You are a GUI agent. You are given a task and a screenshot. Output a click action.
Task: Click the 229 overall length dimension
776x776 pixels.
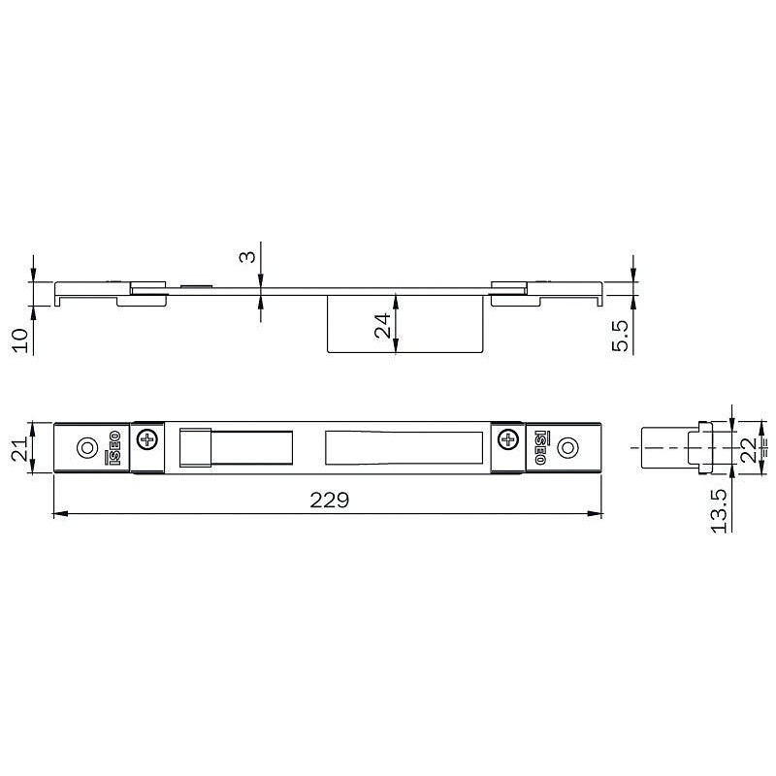click(x=330, y=501)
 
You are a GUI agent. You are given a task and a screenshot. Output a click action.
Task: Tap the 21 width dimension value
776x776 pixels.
click(x=20, y=449)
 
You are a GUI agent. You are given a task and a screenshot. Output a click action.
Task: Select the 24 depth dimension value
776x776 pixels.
click(x=382, y=326)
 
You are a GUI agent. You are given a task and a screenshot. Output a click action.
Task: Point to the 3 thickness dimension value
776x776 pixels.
click(x=248, y=257)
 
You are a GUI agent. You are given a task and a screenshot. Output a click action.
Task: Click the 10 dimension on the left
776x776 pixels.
click(x=20, y=340)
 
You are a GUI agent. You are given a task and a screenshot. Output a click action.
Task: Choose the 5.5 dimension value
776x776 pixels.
click(x=620, y=336)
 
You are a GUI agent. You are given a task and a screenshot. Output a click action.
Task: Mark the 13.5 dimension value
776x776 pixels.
click(x=719, y=511)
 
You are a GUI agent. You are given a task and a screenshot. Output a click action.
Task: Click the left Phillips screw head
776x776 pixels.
click(x=147, y=439)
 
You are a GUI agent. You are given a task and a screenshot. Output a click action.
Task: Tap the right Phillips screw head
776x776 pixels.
click(x=507, y=439)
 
